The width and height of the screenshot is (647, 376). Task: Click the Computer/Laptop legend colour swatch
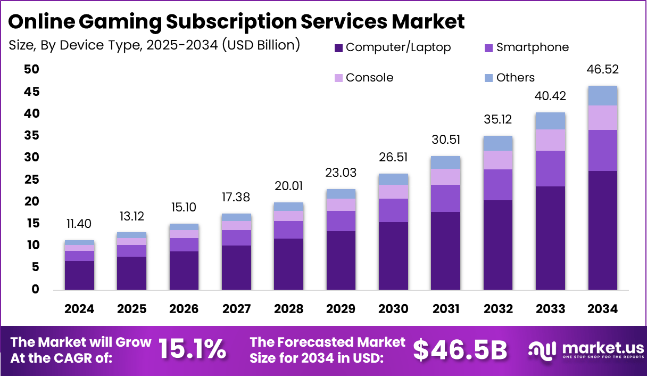pos(338,48)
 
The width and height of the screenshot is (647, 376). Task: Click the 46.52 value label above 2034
pos(602,70)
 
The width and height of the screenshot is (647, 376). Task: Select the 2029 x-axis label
pos(341,309)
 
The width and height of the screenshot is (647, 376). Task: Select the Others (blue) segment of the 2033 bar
pos(550,121)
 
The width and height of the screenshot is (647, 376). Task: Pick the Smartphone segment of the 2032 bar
pos(498,185)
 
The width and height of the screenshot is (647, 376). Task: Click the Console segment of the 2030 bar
pos(393,192)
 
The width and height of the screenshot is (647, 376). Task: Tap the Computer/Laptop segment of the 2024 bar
pos(79,275)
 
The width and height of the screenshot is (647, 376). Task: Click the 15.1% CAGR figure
pos(192,349)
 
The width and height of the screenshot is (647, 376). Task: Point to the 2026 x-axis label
pos(184,309)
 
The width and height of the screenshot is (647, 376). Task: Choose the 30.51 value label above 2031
pos(445,140)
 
